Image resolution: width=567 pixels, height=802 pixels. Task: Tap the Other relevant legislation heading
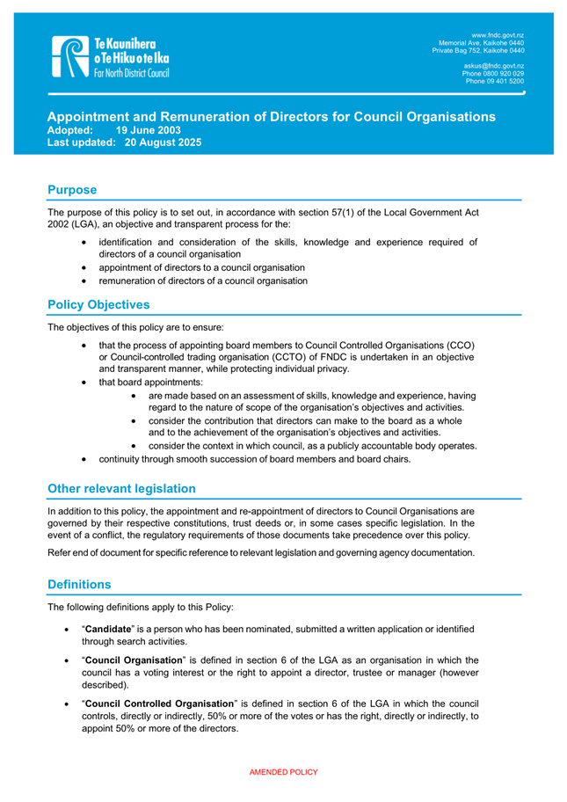[x=122, y=488]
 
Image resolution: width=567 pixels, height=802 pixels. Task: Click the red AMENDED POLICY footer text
[x=283, y=772]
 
